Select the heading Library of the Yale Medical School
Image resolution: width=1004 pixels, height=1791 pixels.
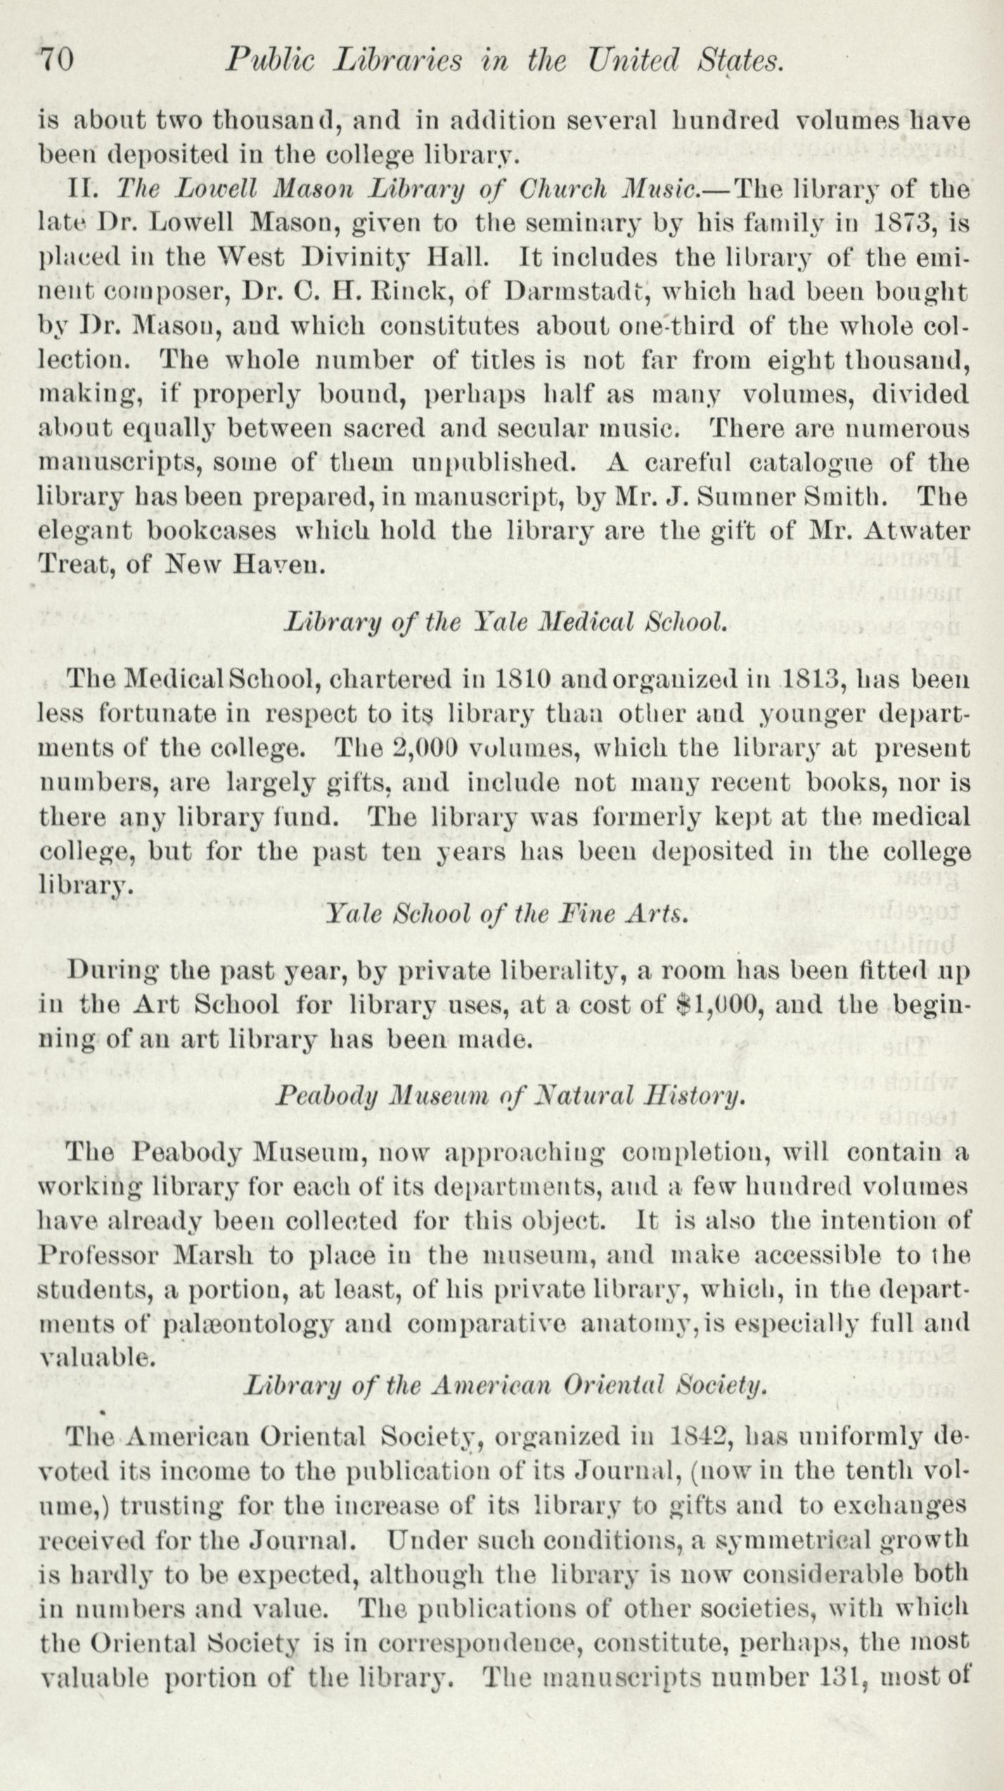tap(503, 622)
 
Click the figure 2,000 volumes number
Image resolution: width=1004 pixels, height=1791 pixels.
tap(421, 748)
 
